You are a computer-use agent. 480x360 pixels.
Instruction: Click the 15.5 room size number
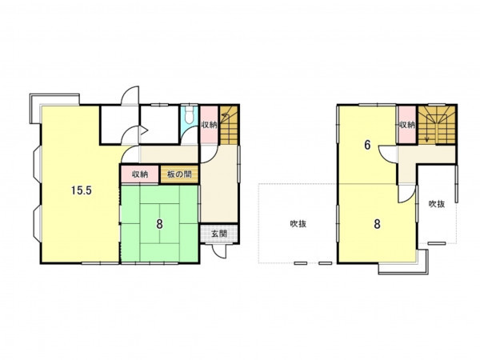click(82, 190)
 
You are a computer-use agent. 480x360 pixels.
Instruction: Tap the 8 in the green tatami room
click(159, 224)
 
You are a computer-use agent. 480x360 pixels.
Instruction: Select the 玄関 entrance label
click(219, 234)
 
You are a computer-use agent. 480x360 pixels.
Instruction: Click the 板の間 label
click(179, 174)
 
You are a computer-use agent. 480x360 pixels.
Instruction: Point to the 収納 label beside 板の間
click(140, 174)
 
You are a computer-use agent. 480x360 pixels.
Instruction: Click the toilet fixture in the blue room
click(190, 114)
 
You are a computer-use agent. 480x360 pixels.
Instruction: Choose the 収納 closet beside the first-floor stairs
click(209, 125)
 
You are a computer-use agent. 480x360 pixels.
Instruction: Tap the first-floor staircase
click(229, 125)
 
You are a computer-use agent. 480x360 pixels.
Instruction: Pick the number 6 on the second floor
click(367, 145)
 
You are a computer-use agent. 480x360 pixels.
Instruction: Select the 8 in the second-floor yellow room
click(377, 224)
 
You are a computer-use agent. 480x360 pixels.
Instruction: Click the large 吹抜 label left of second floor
click(298, 224)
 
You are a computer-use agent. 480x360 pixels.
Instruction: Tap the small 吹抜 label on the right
click(437, 204)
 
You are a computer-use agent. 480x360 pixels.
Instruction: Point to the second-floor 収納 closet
click(406, 125)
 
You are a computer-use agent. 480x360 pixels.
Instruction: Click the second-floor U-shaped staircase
click(437, 125)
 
